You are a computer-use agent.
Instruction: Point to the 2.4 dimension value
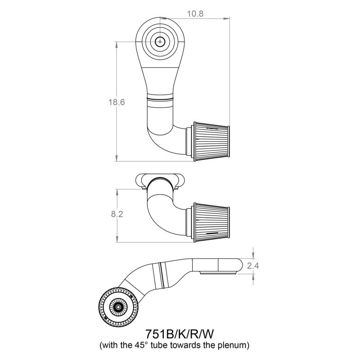click(x=253, y=265)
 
